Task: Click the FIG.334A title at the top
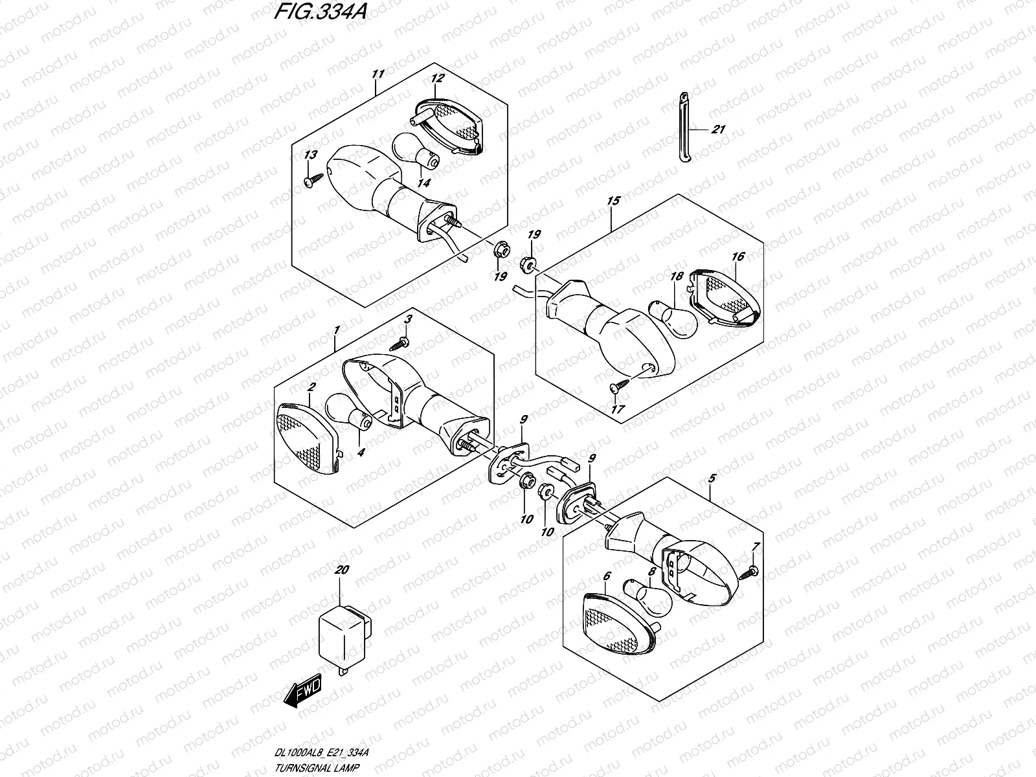(320, 12)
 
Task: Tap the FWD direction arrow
(302, 691)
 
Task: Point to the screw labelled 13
(313, 181)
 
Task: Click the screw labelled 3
(399, 343)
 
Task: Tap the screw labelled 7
(748, 573)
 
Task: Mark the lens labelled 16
(725, 297)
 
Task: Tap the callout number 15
(613, 201)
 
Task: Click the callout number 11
(377, 74)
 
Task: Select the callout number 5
(712, 479)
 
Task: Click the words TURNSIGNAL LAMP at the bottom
(317, 767)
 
